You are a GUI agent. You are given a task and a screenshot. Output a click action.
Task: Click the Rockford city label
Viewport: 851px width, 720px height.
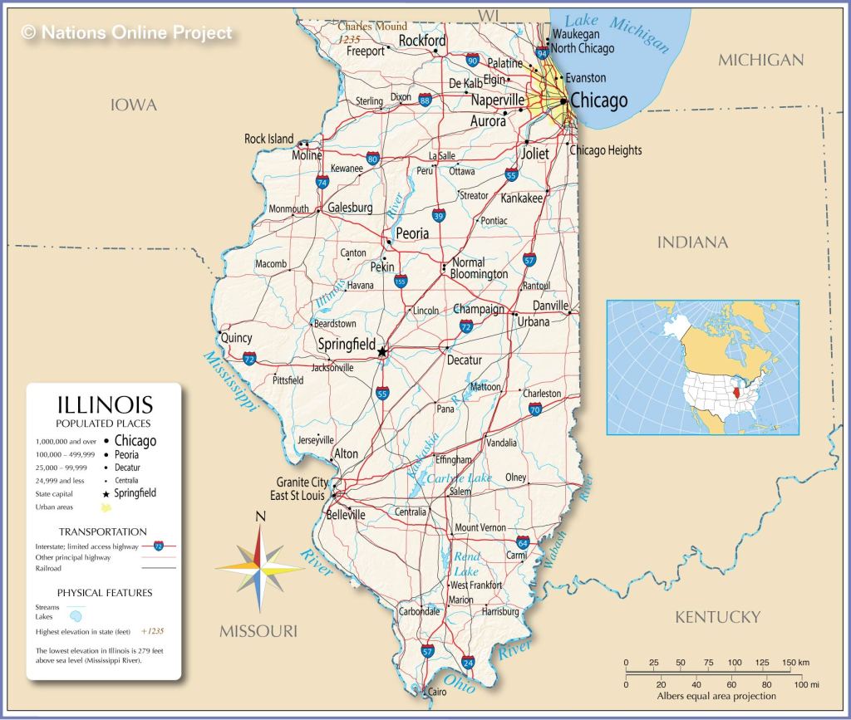422,41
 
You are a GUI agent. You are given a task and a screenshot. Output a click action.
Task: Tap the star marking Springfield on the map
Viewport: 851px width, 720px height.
382,352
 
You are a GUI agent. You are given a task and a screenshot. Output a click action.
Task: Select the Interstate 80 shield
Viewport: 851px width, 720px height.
373,159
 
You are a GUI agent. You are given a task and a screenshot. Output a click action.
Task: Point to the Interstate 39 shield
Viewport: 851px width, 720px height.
438,215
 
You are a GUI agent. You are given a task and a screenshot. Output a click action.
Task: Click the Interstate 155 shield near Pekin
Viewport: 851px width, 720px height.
401,282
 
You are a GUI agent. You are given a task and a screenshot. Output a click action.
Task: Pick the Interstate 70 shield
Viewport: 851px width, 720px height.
535,409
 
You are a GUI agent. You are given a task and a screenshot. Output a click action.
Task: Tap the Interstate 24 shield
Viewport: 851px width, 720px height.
469,662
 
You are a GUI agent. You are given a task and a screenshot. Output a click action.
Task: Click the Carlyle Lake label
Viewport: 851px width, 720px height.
459,478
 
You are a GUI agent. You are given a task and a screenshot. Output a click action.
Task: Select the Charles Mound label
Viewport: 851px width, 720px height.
372,27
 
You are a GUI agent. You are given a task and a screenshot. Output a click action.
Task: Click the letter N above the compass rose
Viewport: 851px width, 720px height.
260,517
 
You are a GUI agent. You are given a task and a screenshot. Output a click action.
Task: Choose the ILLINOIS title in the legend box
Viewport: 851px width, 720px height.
104,405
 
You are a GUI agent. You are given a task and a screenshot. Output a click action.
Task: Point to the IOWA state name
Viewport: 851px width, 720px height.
134,105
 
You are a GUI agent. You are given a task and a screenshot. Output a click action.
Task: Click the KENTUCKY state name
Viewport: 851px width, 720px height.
717,616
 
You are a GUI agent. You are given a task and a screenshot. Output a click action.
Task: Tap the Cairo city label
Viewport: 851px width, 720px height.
436,691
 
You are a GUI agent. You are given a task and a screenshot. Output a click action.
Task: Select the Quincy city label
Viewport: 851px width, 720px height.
236,338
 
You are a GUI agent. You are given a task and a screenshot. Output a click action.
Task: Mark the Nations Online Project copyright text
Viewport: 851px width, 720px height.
126,33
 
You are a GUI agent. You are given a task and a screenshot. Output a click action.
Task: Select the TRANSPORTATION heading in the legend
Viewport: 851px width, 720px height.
102,531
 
